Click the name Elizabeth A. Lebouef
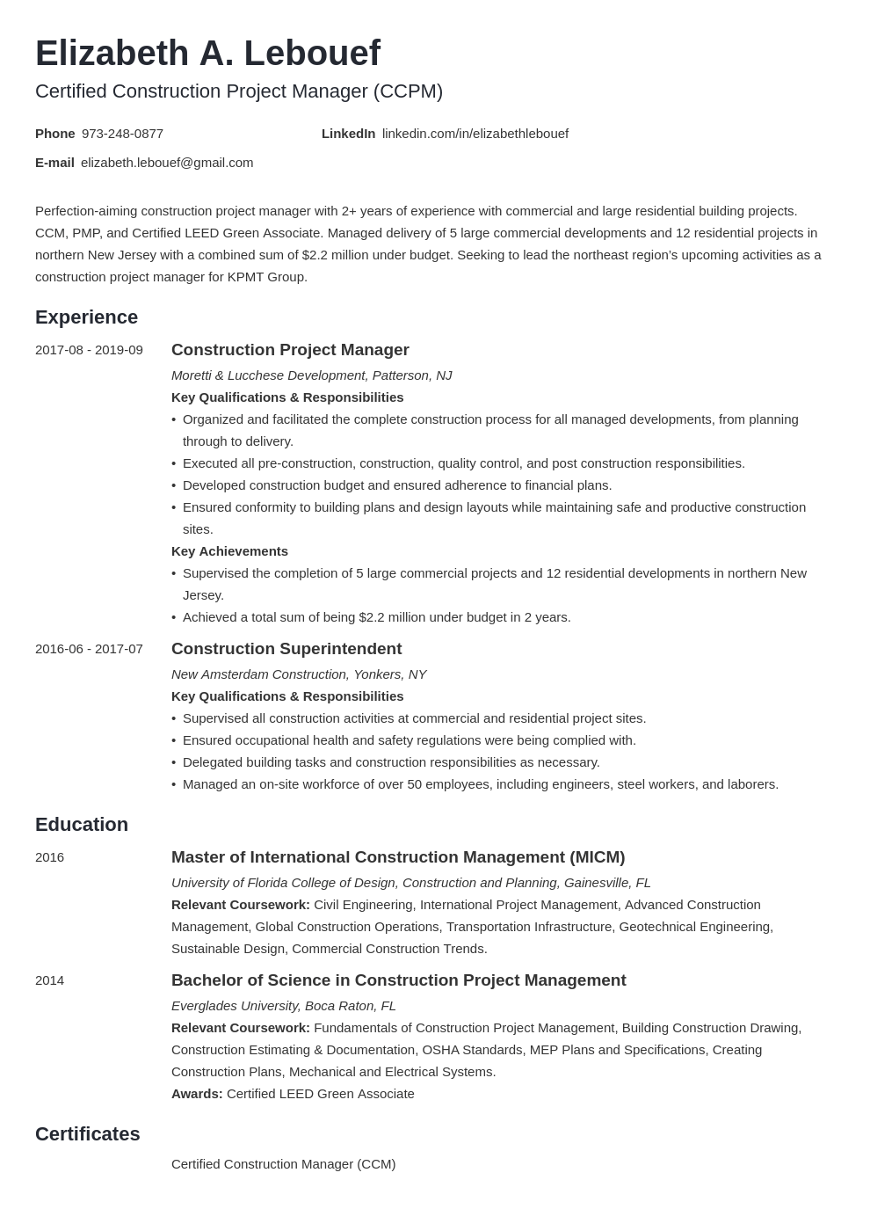coord(207,54)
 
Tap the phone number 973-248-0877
coord(122,134)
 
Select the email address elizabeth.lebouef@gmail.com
coord(167,163)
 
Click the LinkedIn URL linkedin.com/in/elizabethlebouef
coord(475,134)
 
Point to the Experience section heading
coord(86,317)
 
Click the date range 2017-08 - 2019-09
coord(89,350)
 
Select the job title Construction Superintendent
coord(286,649)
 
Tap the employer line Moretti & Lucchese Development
coord(311,375)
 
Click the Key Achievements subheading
coord(229,551)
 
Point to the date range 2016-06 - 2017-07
coord(89,649)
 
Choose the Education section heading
coord(82,825)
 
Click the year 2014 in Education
coord(49,980)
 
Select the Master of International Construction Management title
coord(397,857)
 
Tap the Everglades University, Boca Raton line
coord(283,1006)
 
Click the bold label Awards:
coord(196,1094)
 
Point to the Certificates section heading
coord(87,1134)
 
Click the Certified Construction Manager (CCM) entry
coord(283,1164)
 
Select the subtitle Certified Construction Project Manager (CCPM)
coord(239,91)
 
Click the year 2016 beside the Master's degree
coord(49,857)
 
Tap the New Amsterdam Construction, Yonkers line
coord(298,674)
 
